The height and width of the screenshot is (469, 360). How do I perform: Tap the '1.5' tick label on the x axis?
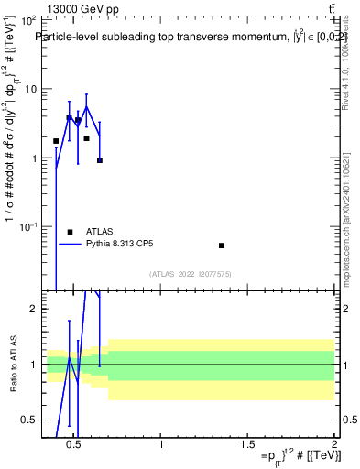248,444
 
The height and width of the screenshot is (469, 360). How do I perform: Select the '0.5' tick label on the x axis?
76,444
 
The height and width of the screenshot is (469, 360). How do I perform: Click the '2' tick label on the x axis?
333,444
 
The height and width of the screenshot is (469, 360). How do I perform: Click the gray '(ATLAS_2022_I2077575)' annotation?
191,274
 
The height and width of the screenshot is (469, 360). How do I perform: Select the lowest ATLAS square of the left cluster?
99,160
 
